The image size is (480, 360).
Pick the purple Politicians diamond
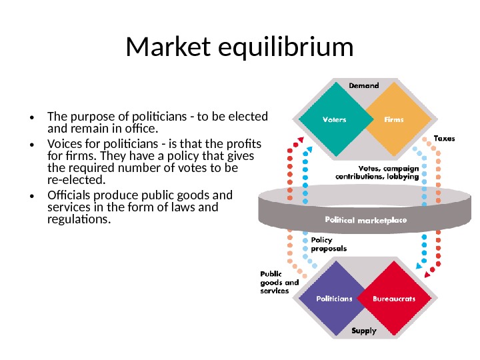(x=333, y=299)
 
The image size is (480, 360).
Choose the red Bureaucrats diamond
(x=393, y=299)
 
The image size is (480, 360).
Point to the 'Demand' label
(x=364, y=85)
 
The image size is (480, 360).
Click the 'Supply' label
(x=364, y=331)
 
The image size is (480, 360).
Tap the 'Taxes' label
(x=445, y=138)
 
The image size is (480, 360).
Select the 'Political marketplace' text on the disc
(x=365, y=219)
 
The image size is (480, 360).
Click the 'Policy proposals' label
(x=329, y=244)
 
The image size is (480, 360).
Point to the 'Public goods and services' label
(x=278, y=283)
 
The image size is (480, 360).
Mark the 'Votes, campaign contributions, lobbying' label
(x=389, y=173)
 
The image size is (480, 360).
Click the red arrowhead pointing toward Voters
(x=299, y=139)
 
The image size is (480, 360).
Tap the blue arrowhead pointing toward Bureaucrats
(x=419, y=265)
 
